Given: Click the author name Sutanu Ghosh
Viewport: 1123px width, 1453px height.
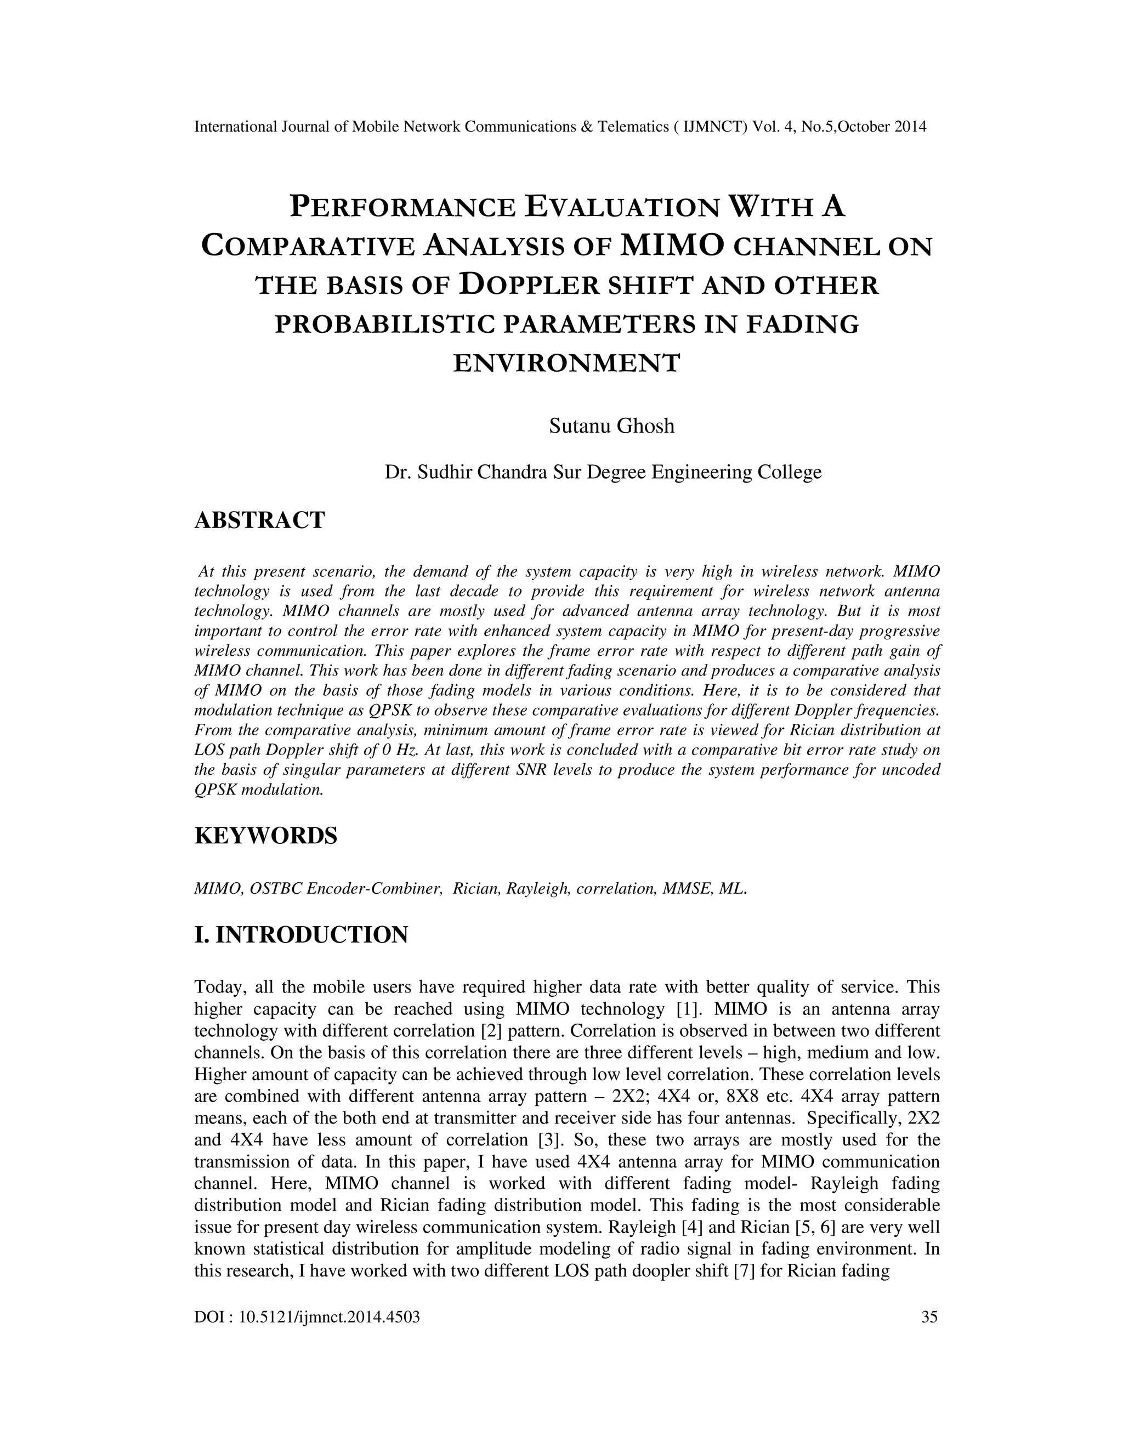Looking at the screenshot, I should pos(611,426).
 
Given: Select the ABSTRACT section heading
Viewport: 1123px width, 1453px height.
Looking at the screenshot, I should pos(259,520).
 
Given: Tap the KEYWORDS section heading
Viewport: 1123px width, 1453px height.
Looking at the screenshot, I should pos(265,835).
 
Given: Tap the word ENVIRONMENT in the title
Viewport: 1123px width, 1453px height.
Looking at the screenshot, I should pos(567,363).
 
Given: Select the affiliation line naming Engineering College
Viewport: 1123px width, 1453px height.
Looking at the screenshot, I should pos(603,472).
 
